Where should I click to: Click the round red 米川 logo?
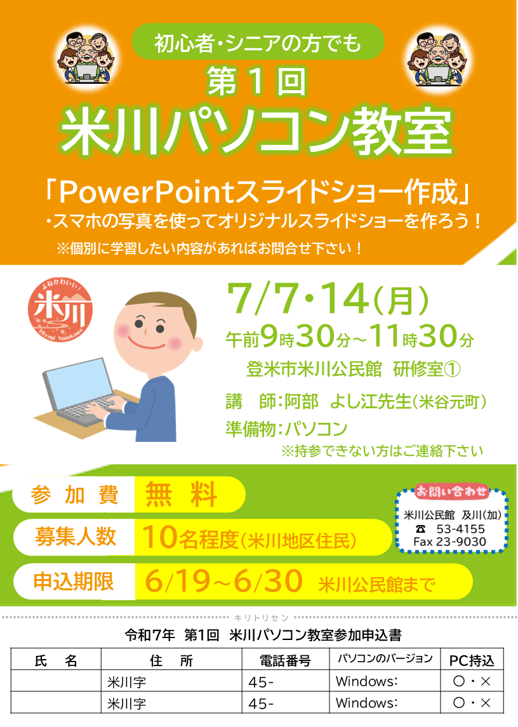[60, 309]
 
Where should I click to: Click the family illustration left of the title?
[86, 58]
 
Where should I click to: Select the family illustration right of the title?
[438, 59]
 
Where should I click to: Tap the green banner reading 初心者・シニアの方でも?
[258, 42]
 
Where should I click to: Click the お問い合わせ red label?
[452, 491]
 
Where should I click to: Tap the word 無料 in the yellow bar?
[182, 494]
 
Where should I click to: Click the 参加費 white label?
[74, 495]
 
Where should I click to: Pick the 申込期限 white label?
[74, 582]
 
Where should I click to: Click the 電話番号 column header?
[285, 660]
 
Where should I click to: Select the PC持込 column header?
[472, 660]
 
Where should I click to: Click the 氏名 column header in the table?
[56, 660]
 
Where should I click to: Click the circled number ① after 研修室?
[452, 369]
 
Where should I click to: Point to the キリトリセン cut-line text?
[261, 618]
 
